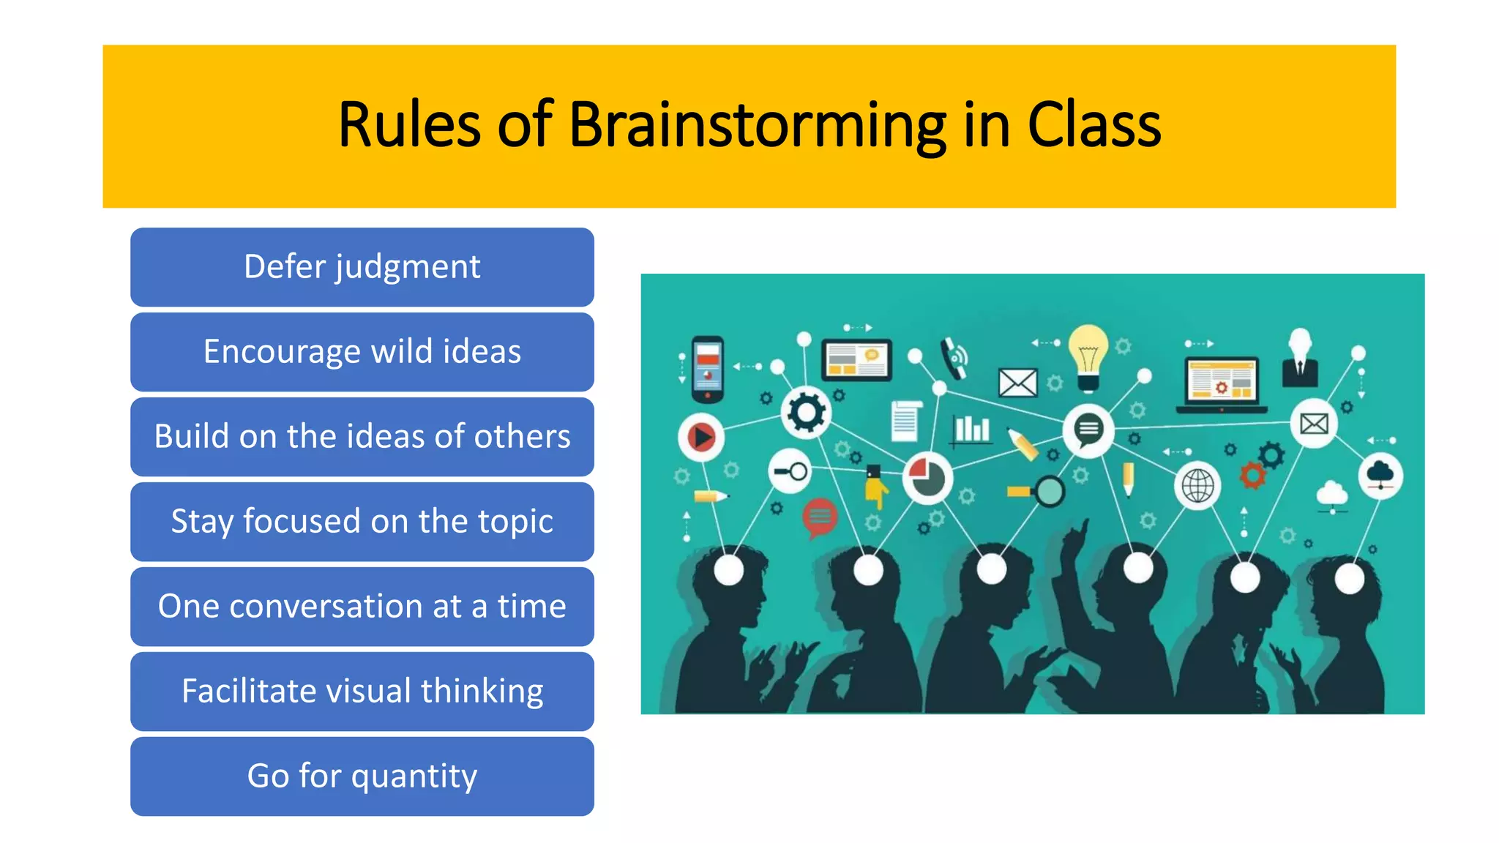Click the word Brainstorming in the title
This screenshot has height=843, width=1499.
[757, 126]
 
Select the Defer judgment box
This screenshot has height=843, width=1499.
[362, 267]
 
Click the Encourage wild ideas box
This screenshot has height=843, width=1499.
[362, 352]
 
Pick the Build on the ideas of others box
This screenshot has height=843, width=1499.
[362, 437]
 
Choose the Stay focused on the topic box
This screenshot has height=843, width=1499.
[362, 522]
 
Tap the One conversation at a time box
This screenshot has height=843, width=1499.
[362, 607]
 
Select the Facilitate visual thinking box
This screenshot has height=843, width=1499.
[362, 692]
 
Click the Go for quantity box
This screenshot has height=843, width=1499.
[362, 776]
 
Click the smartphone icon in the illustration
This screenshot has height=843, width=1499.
[708, 369]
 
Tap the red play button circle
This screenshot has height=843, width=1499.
[701, 438]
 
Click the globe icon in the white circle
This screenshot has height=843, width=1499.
[1198, 485]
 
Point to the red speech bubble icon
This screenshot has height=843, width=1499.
[820, 517]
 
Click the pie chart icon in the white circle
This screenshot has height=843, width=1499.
[927, 478]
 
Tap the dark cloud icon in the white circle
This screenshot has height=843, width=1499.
[1380, 475]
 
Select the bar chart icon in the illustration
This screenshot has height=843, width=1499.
[972, 429]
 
